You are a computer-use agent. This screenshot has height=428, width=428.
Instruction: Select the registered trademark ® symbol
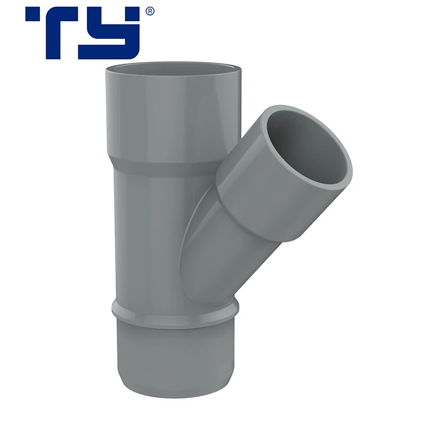coord(150,11)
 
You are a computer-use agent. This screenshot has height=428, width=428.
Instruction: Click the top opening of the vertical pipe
coord(175,67)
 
